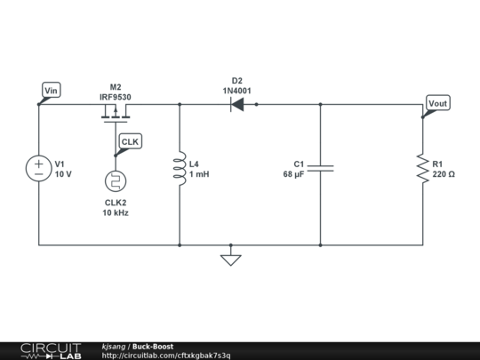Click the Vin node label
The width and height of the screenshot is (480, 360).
(51, 90)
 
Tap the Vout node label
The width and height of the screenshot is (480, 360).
(438, 103)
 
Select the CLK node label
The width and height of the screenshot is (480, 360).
(130, 142)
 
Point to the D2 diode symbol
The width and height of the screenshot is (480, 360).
(237, 104)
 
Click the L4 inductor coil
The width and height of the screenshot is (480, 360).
(180, 169)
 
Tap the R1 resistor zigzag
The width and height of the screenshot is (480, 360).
(421, 169)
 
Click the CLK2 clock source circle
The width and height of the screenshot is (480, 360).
(116, 181)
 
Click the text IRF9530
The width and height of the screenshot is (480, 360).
(116, 96)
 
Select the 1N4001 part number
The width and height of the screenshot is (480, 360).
(237, 89)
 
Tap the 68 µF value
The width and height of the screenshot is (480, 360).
(293, 174)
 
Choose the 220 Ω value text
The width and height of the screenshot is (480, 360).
(444, 174)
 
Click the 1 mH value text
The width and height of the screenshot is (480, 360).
(199, 174)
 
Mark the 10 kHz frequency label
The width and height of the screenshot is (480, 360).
(116, 213)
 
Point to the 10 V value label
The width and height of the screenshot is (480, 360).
(63, 174)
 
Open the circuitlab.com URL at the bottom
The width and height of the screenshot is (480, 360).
(166, 356)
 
